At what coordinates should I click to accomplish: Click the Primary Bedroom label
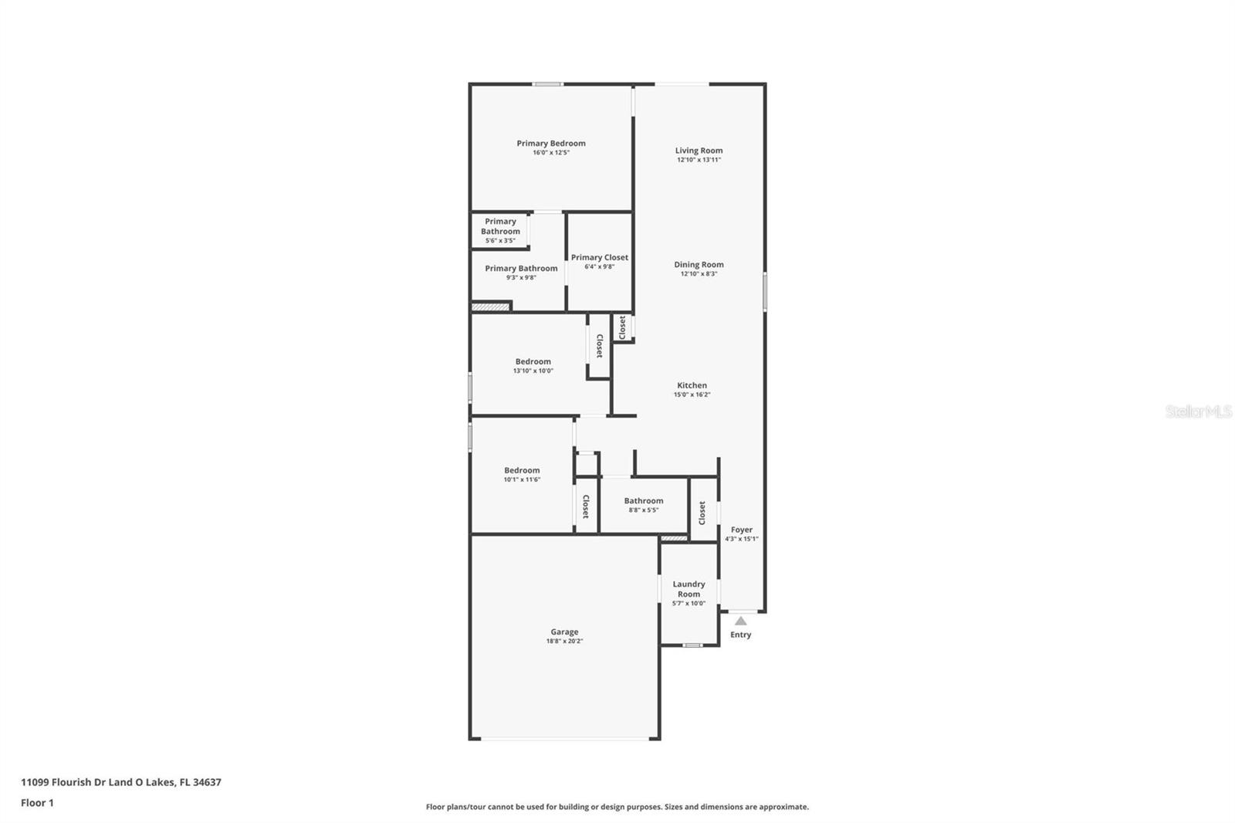click(x=550, y=144)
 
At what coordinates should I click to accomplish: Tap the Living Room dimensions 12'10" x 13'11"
click(x=699, y=160)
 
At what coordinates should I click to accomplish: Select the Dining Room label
click(x=699, y=265)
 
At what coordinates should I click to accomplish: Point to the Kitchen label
click(x=692, y=385)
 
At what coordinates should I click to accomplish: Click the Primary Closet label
click(x=599, y=258)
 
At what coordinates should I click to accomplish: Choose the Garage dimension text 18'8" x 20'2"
click(x=564, y=641)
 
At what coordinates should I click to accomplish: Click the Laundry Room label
click(x=689, y=589)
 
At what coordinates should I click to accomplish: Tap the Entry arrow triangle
click(x=740, y=621)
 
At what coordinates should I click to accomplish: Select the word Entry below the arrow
click(x=740, y=635)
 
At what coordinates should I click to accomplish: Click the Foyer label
click(x=741, y=530)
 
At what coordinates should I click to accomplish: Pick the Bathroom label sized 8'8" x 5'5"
click(x=643, y=501)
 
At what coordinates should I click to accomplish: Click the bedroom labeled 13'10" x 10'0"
click(x=533, y=361)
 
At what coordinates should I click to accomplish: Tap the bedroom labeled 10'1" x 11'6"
click(x=522, y=470)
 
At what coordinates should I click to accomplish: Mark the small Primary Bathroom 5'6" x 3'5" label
click(x=500, y=226)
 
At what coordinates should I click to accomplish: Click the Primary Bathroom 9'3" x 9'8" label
click(x=521, y=269)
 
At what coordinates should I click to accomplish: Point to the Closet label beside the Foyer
click(x=702, y=513)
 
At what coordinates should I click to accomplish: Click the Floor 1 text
click(x=37, y=803)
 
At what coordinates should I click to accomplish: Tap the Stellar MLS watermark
click(x=1198, y=412)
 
